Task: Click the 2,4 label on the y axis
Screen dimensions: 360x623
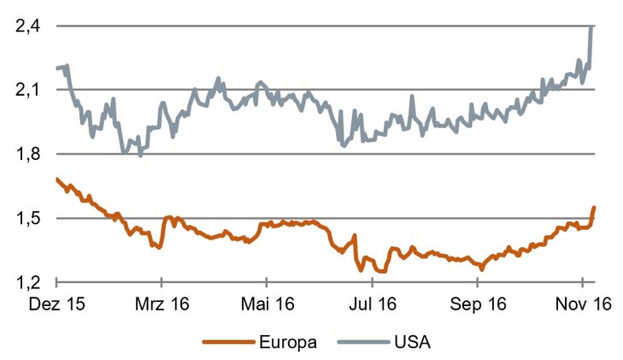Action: [27, 27]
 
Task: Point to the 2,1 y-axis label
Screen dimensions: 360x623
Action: [27, 90]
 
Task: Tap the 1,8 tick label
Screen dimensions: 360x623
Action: [27, 154]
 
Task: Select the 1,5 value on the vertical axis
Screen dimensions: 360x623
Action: [27, 218]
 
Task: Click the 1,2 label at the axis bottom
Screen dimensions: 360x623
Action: [27, 282]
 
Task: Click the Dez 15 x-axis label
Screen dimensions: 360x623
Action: [56, 304]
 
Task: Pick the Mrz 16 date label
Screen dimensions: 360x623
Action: [162, 304]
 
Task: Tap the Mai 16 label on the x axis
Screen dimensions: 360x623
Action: [267, 304]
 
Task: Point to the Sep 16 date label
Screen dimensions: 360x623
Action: [477, 304]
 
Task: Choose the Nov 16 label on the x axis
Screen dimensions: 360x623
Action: [582, 304]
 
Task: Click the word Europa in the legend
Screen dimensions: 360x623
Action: [288, 343]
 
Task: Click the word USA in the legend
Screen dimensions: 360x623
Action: [413, 343]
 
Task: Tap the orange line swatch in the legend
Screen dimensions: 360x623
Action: [228, 343]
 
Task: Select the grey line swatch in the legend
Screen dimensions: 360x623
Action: [365, 343]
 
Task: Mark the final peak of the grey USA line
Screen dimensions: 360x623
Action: [593, 27]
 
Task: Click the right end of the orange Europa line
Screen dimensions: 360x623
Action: [594, 208]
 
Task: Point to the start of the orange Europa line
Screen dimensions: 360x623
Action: [56, 179]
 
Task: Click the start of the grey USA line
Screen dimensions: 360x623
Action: [56, 68]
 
